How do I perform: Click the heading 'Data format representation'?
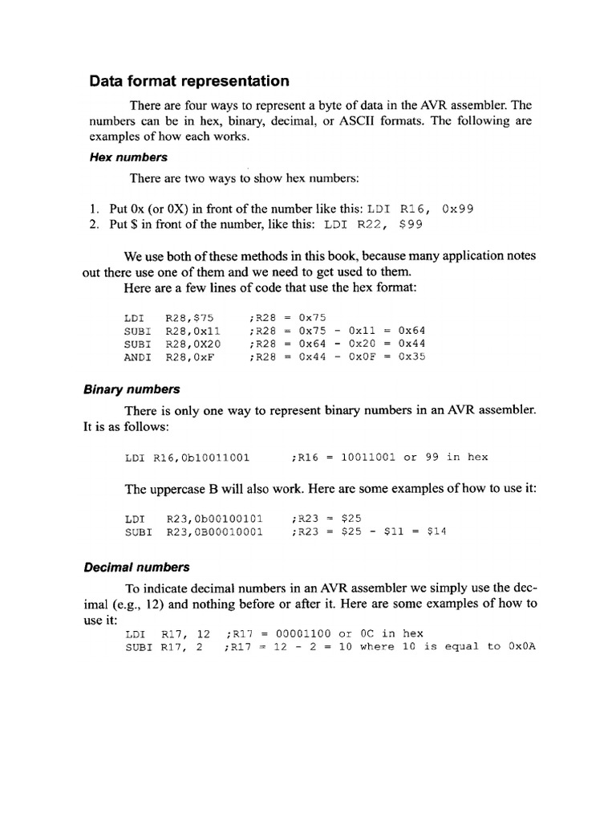(189, 81)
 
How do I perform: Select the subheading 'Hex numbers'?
(128, 157)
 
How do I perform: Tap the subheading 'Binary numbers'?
(132, 389)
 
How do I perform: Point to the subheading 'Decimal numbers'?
(136, 568)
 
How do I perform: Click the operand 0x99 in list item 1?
(458, 209)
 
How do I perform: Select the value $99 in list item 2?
(410, 225)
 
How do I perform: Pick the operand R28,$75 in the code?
(190, 317)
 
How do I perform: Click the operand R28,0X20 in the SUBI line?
(193, 344)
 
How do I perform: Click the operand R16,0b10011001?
(201, 458)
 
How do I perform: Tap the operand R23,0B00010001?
(214, 531)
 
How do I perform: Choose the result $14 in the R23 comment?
(436, 531)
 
